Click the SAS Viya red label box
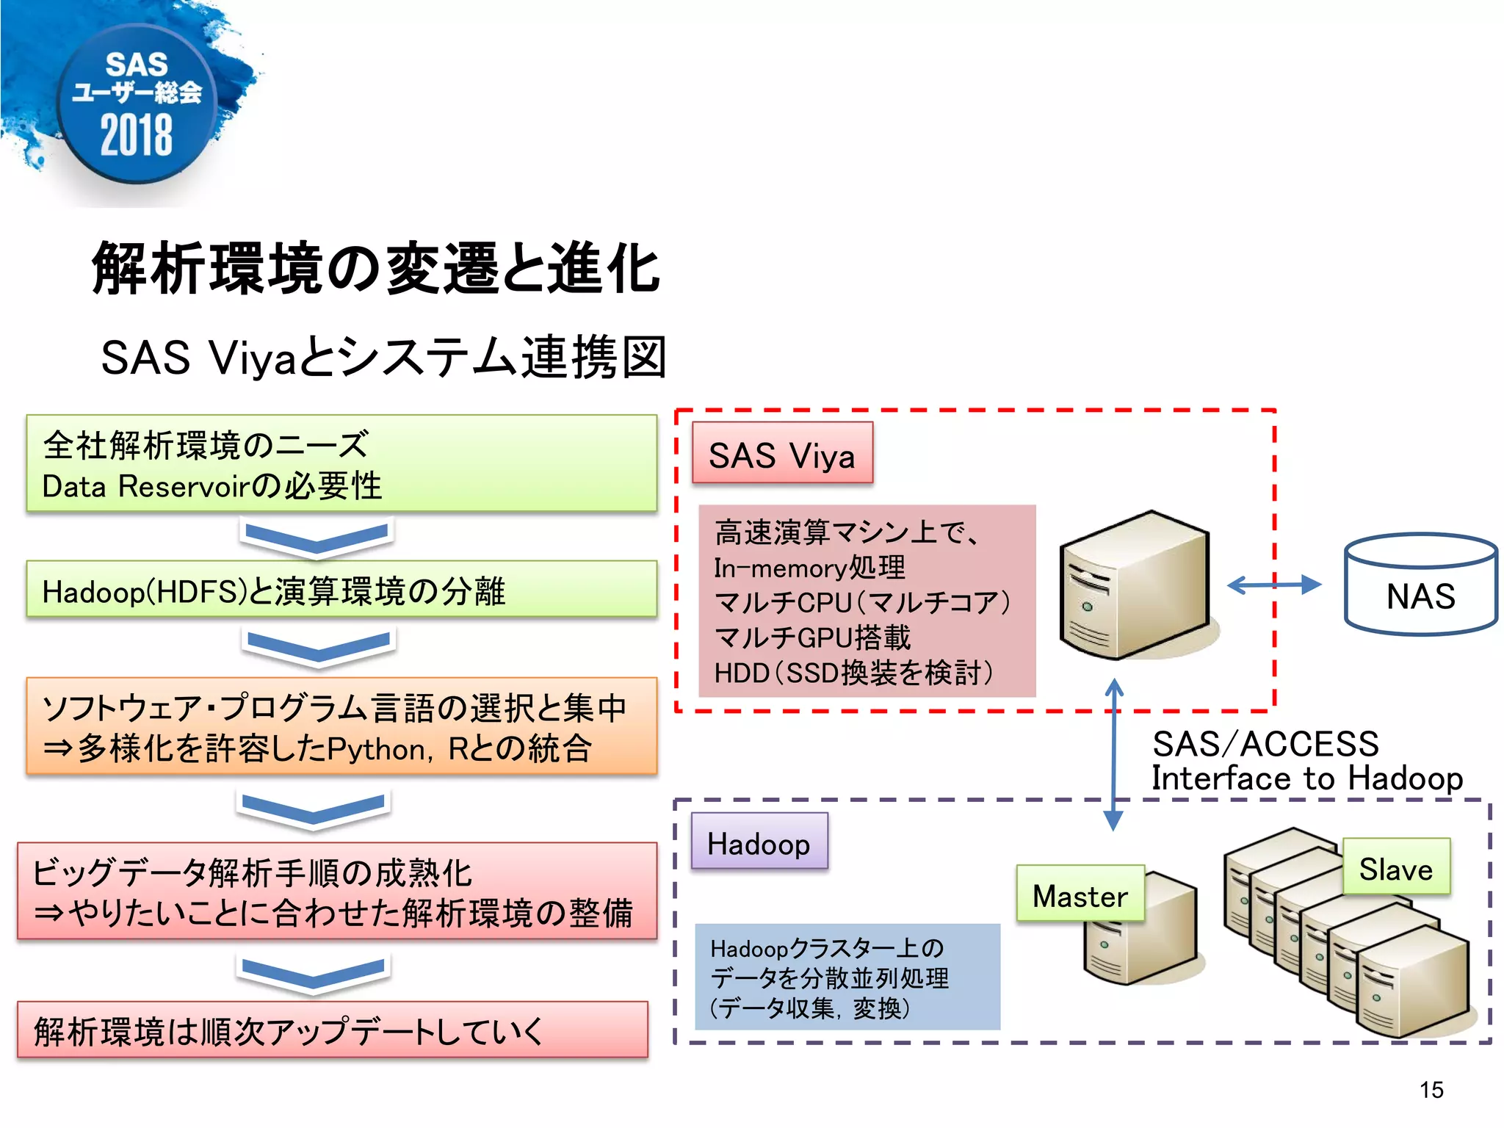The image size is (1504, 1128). click(782, 453)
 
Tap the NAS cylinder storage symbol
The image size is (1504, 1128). click(1420, 585)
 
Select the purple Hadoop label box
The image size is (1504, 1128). click(759, 842)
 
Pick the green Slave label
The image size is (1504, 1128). click(1395, 867)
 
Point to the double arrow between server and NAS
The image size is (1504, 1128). click(1273, 585)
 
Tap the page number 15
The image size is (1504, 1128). click(1431, 1089)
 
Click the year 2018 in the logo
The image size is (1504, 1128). click(137, 135)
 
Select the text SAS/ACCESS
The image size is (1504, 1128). click(1265, 744)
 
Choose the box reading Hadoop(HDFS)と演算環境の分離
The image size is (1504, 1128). click(341, 590)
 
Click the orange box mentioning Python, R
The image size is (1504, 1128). click(341, 727)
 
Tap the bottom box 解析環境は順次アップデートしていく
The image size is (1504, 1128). click(332, 1030)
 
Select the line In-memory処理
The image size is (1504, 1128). click(809, 568)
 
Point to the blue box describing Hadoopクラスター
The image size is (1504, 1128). click(847, 977)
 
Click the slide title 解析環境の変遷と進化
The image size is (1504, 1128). click(375, 269)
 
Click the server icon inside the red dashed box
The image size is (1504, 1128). click(1135, 585)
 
